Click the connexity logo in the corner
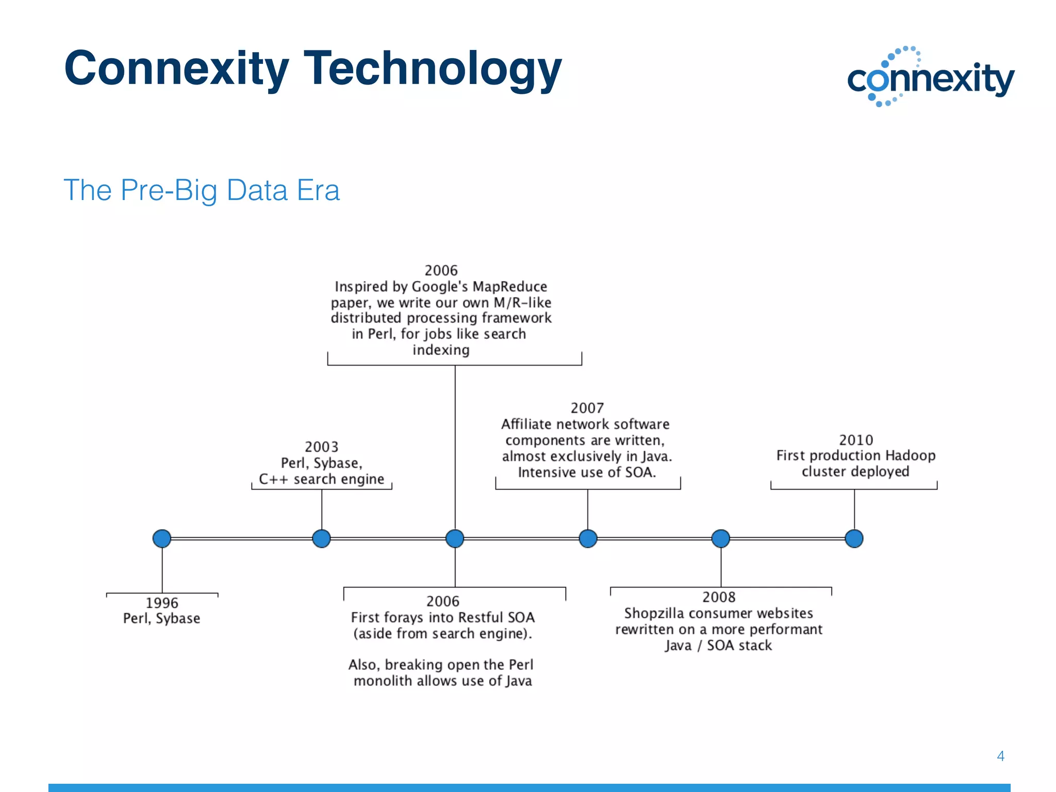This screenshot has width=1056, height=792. point(930,77)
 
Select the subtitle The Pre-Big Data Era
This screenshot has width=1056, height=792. point(202,190)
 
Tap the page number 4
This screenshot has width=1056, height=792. point(1000,756)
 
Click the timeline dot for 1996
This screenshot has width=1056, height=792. point(162,538)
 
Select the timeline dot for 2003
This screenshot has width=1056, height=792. point(322,538)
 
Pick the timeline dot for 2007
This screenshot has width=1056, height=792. point(588,538)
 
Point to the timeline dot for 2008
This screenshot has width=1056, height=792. point(721,538)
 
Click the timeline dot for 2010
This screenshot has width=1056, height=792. point(854,538)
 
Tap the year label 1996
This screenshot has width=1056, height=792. point(162,602)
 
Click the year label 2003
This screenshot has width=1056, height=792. point(322,447)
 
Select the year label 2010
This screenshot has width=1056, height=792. point(856,440)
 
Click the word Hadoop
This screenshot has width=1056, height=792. point(910,456)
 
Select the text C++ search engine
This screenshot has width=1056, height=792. point(322,479)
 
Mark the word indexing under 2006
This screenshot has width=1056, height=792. point(441,350)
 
